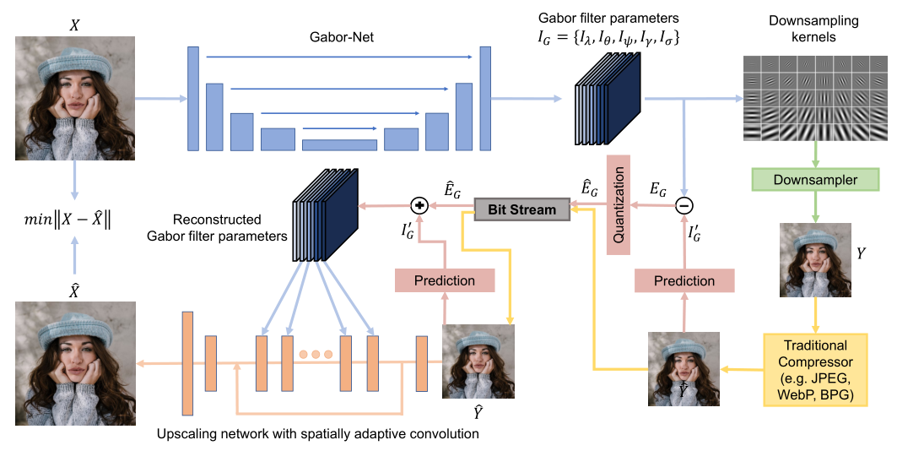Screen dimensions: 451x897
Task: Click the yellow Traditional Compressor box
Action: coord(816,369)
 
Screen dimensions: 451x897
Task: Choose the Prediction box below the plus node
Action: coord(444,280)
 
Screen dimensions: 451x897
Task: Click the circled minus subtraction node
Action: coord(685,205)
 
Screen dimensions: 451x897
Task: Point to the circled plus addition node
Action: coord(419,205)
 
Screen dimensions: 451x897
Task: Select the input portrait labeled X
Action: coord(75,98)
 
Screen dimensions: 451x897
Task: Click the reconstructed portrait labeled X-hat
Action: coord(75,365)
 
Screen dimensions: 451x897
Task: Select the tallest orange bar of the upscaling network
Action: coord(187,363)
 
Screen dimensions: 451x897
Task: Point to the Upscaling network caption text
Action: coord(318,434)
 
